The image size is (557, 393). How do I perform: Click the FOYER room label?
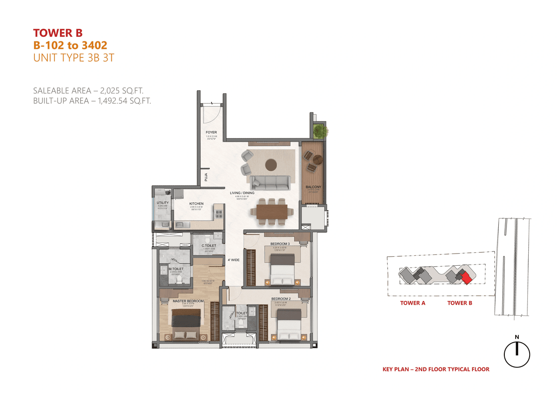[211, 132]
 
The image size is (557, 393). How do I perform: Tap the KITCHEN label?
[196, 204]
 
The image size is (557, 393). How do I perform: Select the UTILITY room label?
[163, 203]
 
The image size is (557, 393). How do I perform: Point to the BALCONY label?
[313, 187]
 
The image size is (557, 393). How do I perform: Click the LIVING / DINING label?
[242, 193]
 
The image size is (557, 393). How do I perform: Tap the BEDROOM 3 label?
[280, 244]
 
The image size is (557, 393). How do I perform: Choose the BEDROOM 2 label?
[281, 299]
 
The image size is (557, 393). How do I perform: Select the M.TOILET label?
[176, 269]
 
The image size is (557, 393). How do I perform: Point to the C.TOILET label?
[209, 246]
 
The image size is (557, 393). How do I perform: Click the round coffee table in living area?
[271, 165]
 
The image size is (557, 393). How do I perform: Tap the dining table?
[272, 211]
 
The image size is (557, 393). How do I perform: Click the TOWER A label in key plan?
[413, 303]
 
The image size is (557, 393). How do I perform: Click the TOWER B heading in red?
[58, 33]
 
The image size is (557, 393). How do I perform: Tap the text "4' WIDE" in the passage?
[234, 261]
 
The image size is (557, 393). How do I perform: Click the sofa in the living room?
[268, 182]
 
